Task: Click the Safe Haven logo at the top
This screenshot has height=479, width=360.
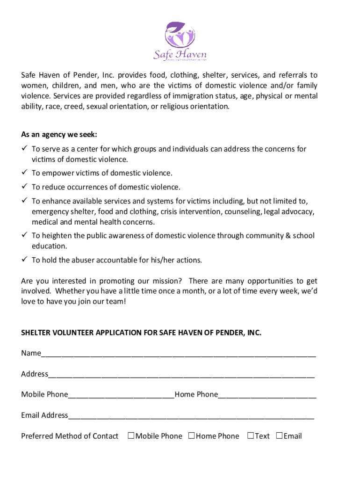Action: pos(180,42)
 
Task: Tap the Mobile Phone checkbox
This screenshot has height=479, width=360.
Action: pos(131,436)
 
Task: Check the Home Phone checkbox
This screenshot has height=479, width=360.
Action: pos(192,436)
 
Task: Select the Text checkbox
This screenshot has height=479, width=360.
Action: pos(251,436)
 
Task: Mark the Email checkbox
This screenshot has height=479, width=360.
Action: pos(280,436)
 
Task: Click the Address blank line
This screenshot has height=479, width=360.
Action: pos(181,375)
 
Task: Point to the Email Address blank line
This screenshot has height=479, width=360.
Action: pos(191,416)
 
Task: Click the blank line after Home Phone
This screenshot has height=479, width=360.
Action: pos(267,396)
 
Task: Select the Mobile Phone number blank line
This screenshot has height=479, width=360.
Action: pos(121,396)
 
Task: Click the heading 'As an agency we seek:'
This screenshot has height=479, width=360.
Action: pos(59,135)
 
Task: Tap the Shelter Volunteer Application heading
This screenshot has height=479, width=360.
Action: pos(141,333)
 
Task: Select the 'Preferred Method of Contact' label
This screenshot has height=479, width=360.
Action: pos(70,436)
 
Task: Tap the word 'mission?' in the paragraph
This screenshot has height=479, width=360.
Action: pos(167,281)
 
